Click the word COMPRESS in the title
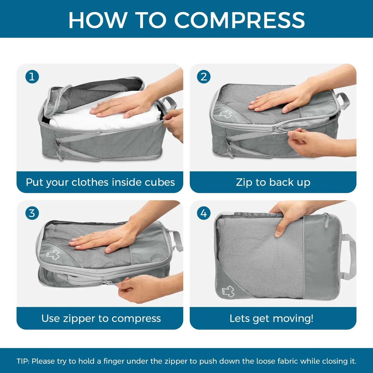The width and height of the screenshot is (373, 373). click(239, 20)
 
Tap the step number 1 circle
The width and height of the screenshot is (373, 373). click(32, 77)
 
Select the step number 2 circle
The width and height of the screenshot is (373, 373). click(204, 77)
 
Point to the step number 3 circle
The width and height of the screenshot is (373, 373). click(32, 213)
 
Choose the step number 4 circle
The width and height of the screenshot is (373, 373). click(204, 213)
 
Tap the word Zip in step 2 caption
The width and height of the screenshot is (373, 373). click(244, 182)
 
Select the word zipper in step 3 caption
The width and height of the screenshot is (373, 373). click(79, 319)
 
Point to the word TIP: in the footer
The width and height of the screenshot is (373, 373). click(23, 361)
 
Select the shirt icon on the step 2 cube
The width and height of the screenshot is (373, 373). click(225, 114)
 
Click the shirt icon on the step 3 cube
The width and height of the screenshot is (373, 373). click(53, 255)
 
